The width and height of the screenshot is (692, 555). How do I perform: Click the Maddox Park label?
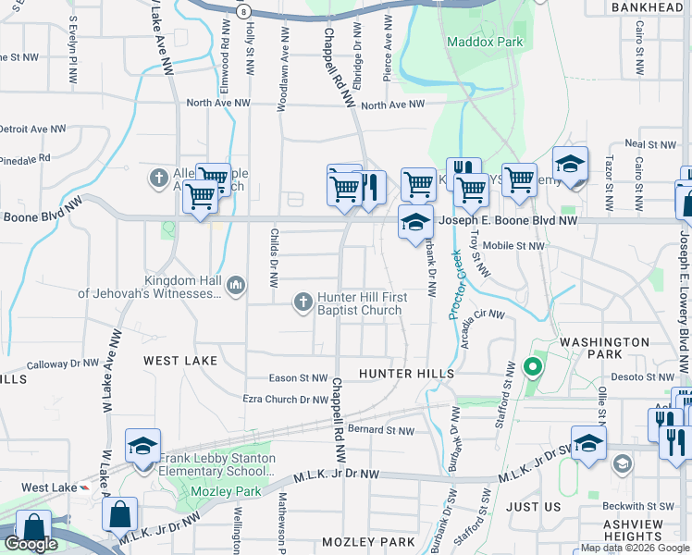(485, 42)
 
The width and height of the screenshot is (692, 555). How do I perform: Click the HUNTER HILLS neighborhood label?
(402, 373)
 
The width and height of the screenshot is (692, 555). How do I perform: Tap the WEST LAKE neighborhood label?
(180, 360)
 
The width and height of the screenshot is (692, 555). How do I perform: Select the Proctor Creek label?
(455, 285)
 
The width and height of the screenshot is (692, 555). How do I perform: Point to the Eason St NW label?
(298, 378)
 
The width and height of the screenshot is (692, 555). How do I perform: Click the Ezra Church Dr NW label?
(285, 399)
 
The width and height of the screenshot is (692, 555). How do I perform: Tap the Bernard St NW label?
(382, 430)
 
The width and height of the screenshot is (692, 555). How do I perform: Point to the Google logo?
(31, 544)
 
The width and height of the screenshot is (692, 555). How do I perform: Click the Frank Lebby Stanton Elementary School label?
(217, 464)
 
